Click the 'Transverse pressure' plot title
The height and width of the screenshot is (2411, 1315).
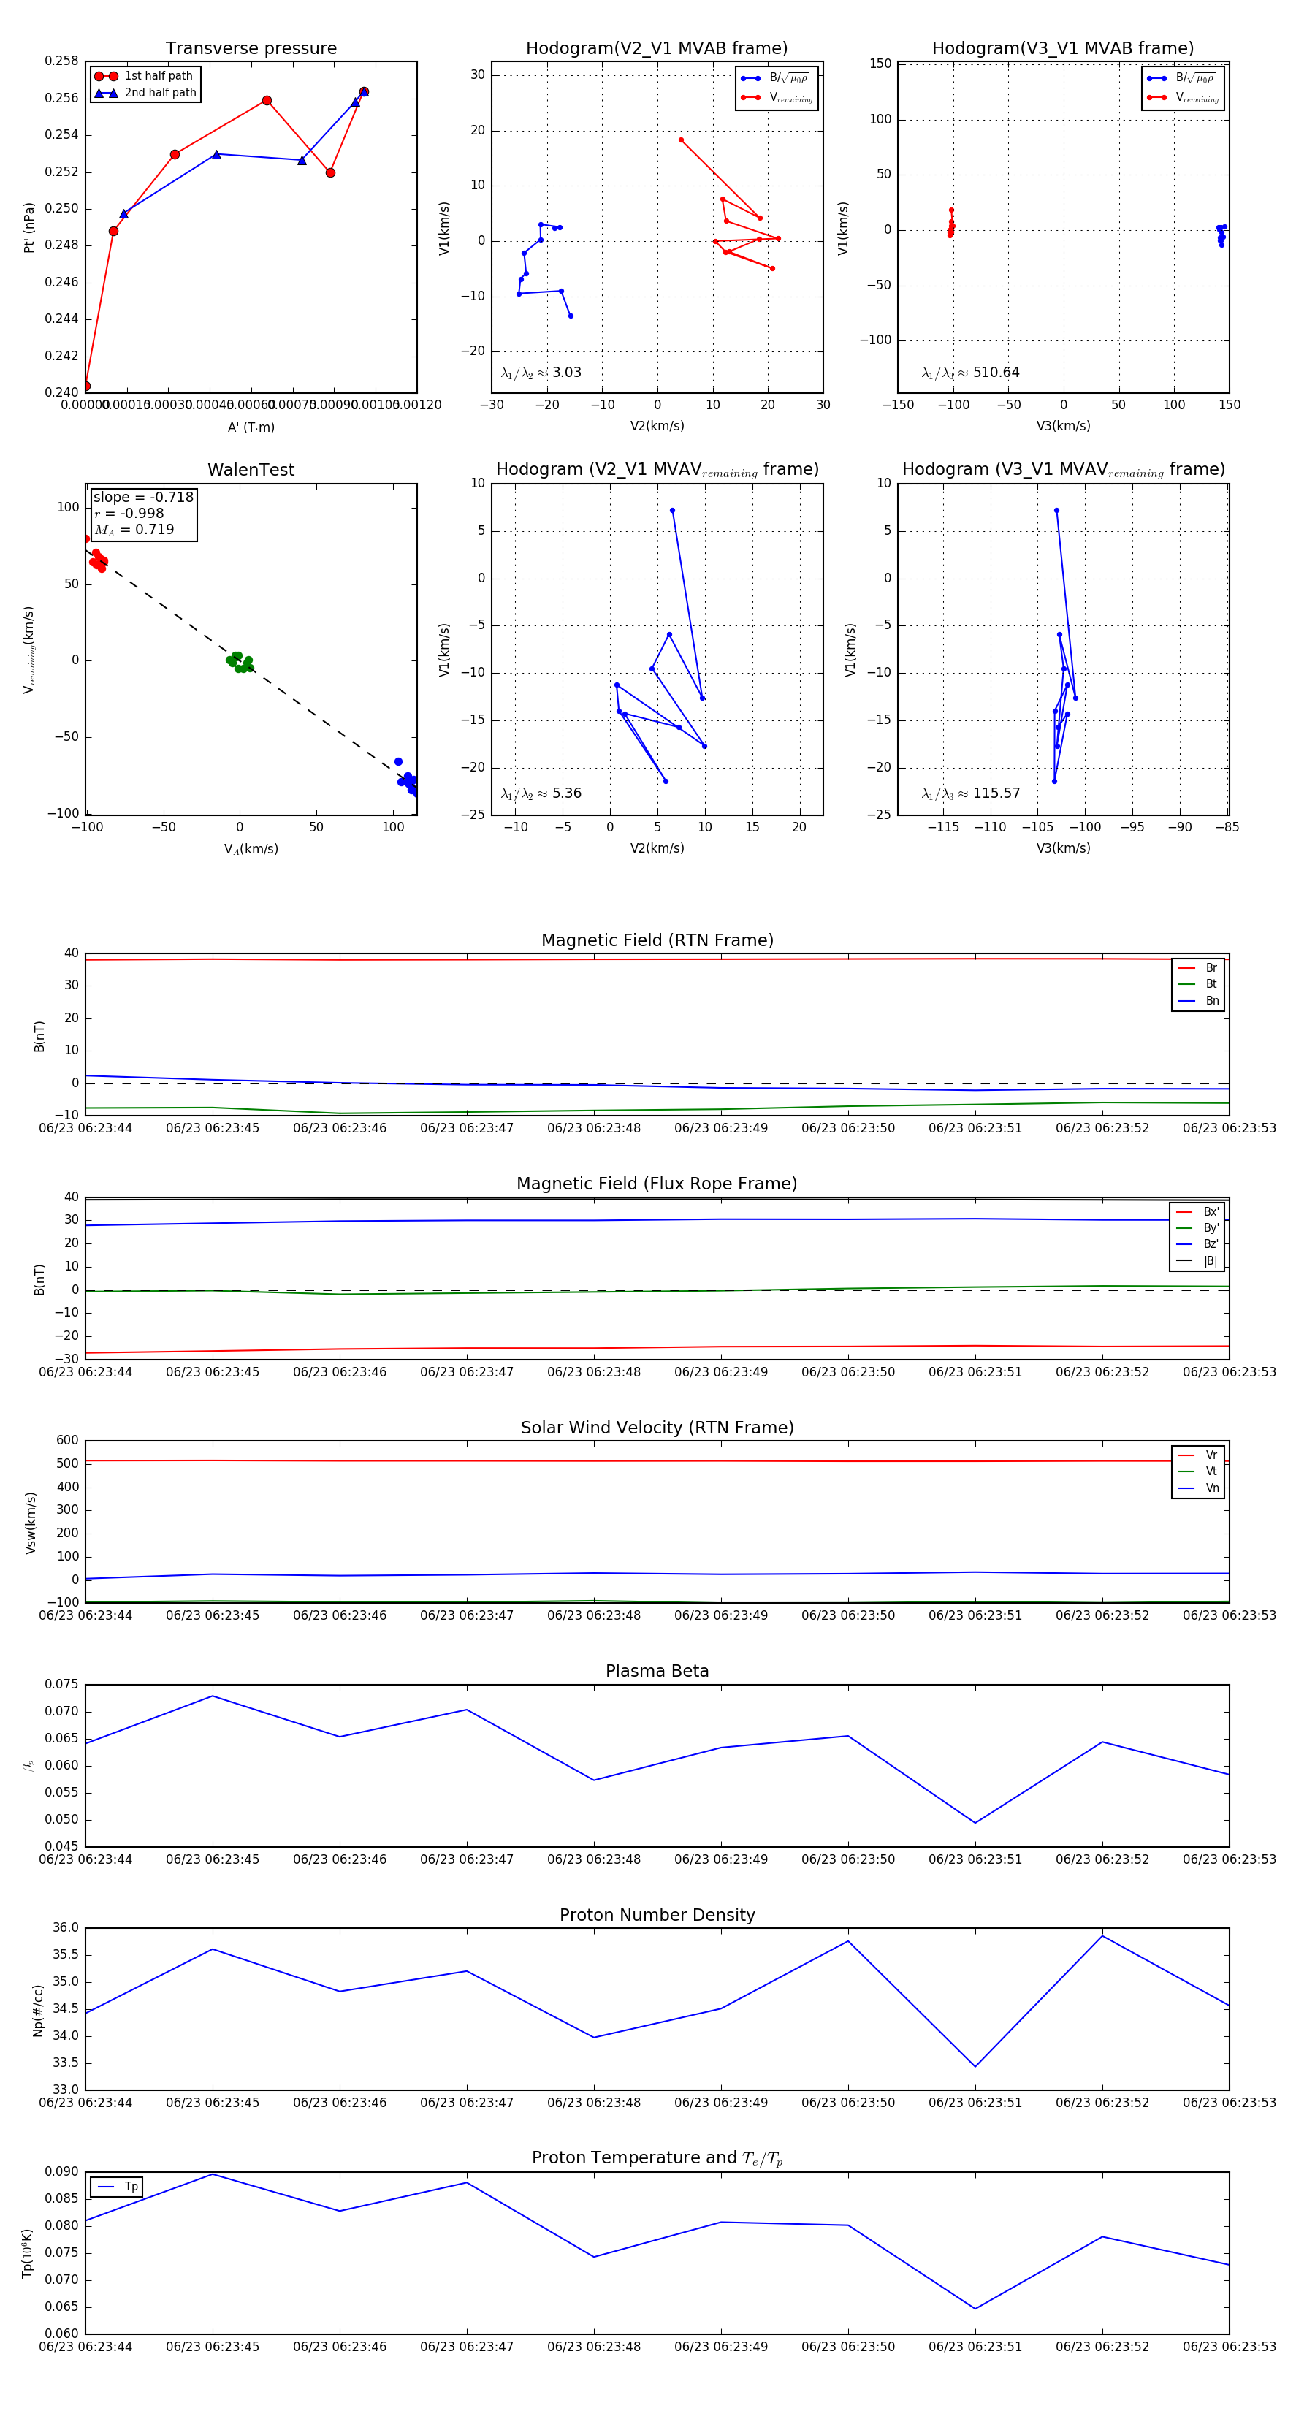251,49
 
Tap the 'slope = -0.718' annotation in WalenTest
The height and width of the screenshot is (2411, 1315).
143,497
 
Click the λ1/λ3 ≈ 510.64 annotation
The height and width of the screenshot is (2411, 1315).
971,373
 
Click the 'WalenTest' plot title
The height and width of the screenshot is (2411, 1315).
251,470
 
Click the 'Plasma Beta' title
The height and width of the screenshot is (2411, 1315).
657,1671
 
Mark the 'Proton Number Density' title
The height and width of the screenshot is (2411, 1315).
657,1915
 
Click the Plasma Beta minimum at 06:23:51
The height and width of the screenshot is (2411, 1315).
975,1822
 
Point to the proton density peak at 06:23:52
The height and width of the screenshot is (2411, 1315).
1102,1935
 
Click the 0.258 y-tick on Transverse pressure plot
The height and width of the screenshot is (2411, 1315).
62,61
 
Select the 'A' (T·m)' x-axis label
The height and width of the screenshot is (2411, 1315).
251,427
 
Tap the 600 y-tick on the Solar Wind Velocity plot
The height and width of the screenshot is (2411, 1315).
67,1441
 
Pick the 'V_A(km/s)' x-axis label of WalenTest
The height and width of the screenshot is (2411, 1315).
251,849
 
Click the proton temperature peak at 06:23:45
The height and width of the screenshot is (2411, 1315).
213,2174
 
